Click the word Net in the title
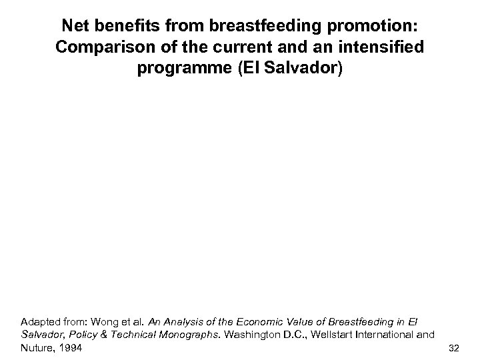(x=76, y=27)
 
